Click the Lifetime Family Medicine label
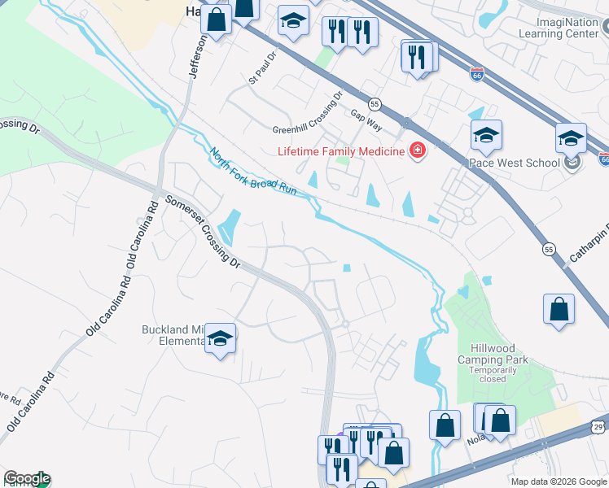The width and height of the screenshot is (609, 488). click(341, 151)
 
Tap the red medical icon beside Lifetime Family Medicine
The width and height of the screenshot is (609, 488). click(417, 151)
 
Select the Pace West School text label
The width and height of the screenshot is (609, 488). click(514, 163)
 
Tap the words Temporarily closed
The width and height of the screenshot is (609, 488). click(493, 374)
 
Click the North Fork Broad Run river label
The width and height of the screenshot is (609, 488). click(252, 171)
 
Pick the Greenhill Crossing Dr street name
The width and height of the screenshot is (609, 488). click(308, 118)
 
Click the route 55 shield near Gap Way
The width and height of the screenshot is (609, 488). click(375, 104)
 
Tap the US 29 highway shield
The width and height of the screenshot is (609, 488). click(598, 426)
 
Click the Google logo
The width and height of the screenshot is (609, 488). click(26, 479)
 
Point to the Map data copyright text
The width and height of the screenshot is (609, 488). click(558, 481)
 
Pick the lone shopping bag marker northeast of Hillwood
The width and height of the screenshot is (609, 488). click(559, 309)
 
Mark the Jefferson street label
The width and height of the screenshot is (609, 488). click(198, 57)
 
